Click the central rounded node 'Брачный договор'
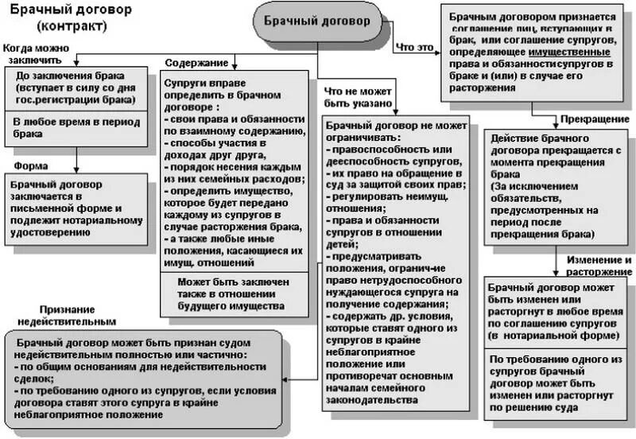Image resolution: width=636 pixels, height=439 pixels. click(x=317, y=20)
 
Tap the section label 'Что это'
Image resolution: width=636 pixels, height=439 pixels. click(x=415, y=47)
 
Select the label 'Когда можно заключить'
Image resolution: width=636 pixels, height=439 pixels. click(x=39, y=54)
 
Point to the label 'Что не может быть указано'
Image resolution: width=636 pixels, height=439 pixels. click(x=357, y=97)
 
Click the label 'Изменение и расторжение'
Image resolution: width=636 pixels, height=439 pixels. click(x=599, y=266)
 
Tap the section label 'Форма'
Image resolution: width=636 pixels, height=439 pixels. click(x=31, y=165)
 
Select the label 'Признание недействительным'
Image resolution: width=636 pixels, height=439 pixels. click(x=76, y=315)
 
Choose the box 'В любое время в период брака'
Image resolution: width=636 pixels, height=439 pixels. click(x=75, y=128)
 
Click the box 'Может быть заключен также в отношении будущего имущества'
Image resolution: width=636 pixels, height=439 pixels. click(x=233, y=293)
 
